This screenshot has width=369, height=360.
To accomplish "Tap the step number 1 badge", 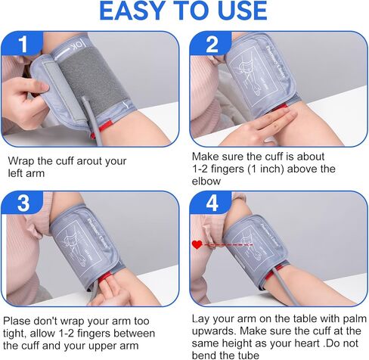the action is pos(23,43).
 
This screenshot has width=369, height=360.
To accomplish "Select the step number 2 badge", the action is pos(211,43).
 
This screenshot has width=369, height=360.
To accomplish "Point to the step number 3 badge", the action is pos(23,203).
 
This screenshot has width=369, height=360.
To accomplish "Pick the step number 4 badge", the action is pos(212,203).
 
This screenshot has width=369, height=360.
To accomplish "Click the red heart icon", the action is pos(197,244).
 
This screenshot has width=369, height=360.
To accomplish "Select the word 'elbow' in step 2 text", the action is pos(206,182).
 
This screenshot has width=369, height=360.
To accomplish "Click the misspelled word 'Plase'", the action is pos(17,321).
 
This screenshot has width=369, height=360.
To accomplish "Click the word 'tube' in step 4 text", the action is pos(249,355).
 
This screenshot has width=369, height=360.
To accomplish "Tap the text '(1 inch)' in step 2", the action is pos(266,169).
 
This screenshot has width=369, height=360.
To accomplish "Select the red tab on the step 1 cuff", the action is pos(106,126).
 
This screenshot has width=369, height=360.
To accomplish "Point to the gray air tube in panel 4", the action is pos(284,285).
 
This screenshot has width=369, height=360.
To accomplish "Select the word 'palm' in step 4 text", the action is pos(355,319).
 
